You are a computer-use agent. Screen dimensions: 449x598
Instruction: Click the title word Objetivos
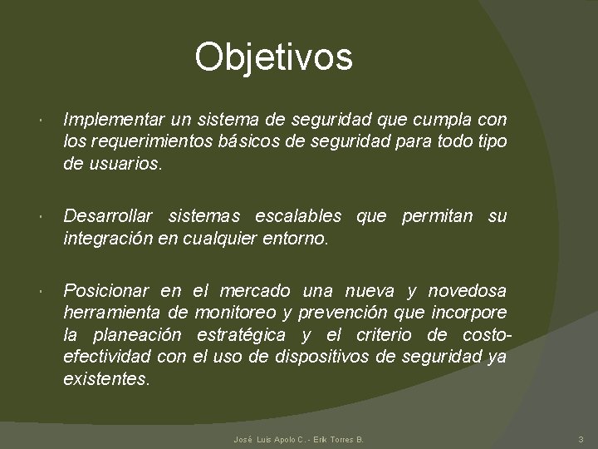coord(273,57)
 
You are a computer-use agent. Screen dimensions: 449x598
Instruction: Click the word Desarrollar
coord(108,216)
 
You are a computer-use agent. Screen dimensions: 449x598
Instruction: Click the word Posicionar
coord(105,291)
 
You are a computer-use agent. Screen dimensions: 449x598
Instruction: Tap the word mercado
coord(255,291)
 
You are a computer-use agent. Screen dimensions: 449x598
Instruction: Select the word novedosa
coord(467,291)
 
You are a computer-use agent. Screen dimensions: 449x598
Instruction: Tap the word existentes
coord(107,379)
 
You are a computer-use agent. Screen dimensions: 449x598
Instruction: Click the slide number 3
coord(581,438)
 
